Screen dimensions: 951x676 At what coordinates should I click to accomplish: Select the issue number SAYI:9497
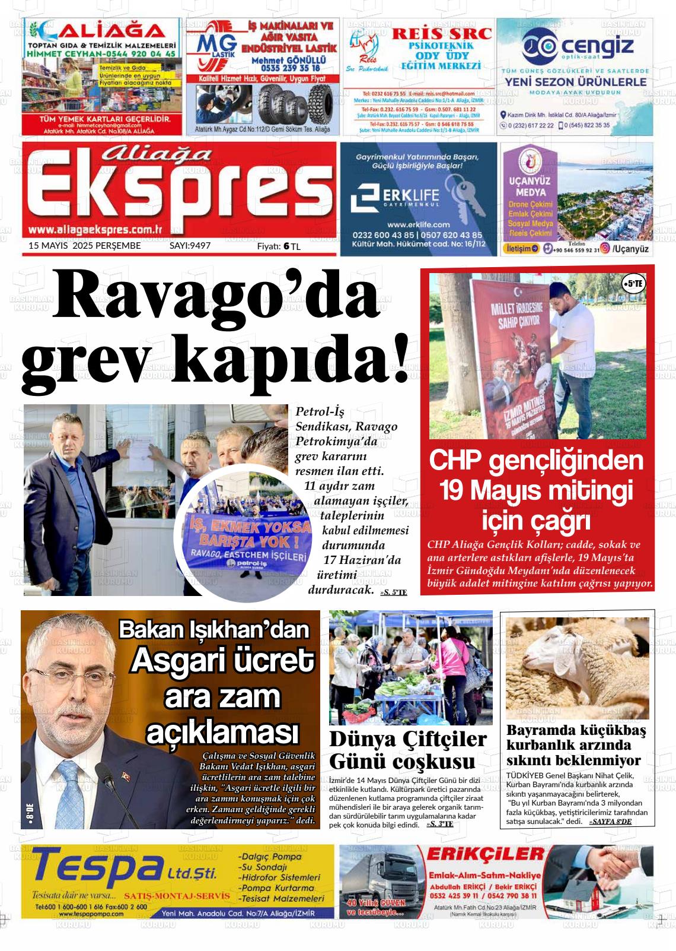(190, 245)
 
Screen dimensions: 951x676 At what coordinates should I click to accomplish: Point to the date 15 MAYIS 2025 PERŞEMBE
(85, 245)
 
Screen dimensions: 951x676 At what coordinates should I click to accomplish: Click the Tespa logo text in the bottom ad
(92, 867)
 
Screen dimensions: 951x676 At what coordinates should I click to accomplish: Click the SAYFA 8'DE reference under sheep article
(610, 821)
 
